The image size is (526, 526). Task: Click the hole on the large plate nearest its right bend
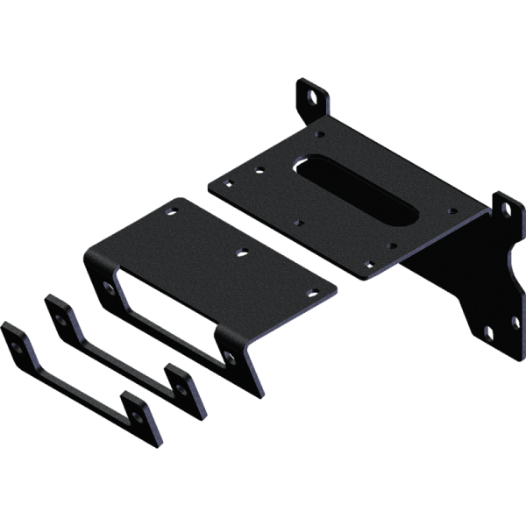(453, 210)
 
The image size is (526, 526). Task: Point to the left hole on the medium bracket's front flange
(107, 287)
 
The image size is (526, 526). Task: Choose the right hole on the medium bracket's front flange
(228, 355)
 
